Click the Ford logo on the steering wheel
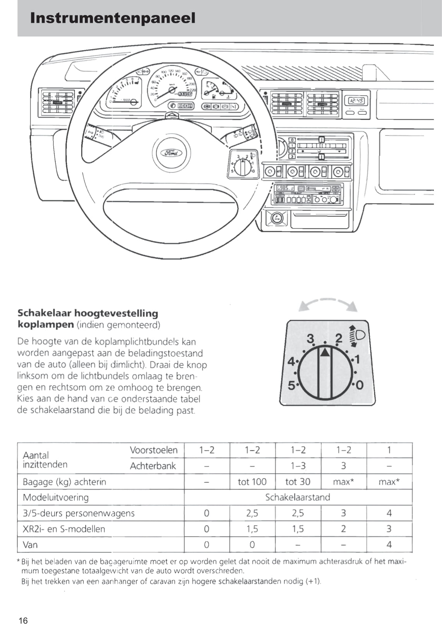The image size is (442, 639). pyautogui.click(x=171, y=153)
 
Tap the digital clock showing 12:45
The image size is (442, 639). pyautogui.click(x=356, y=101)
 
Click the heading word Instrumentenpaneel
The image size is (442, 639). pyautogui.click(x=113, y=18)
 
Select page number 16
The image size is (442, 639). pyautogui.click(x=23, y=620)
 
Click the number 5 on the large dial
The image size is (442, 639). pyautogui.click(x=291, y=385)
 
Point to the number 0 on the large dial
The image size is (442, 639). pyautogui.click(x=360, y=385)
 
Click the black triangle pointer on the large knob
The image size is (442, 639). pyautogui.click(x=326, y=352)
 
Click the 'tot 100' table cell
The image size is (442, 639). pyautogui.click(x=252, y=482)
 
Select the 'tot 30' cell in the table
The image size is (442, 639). pyautogui.click(x=298, y=482)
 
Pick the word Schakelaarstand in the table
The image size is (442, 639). pyautogui.click(x=297, y=497)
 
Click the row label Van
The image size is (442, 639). pyautogui.click(x=30, y=545)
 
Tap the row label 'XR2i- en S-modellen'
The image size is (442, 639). pyautogui.click(x=64, y=529)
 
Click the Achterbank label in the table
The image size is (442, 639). pyautogui.click(x=153, y=466)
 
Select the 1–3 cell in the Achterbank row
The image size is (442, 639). pyautogui.click(x=298, y=466)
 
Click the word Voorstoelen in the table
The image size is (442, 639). pyautogui.click(x=154, y=450)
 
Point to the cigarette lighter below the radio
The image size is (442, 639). pyautogui.click(x=277, y=218)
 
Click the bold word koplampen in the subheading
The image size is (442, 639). pyautogui.click(x=46, y=324)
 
